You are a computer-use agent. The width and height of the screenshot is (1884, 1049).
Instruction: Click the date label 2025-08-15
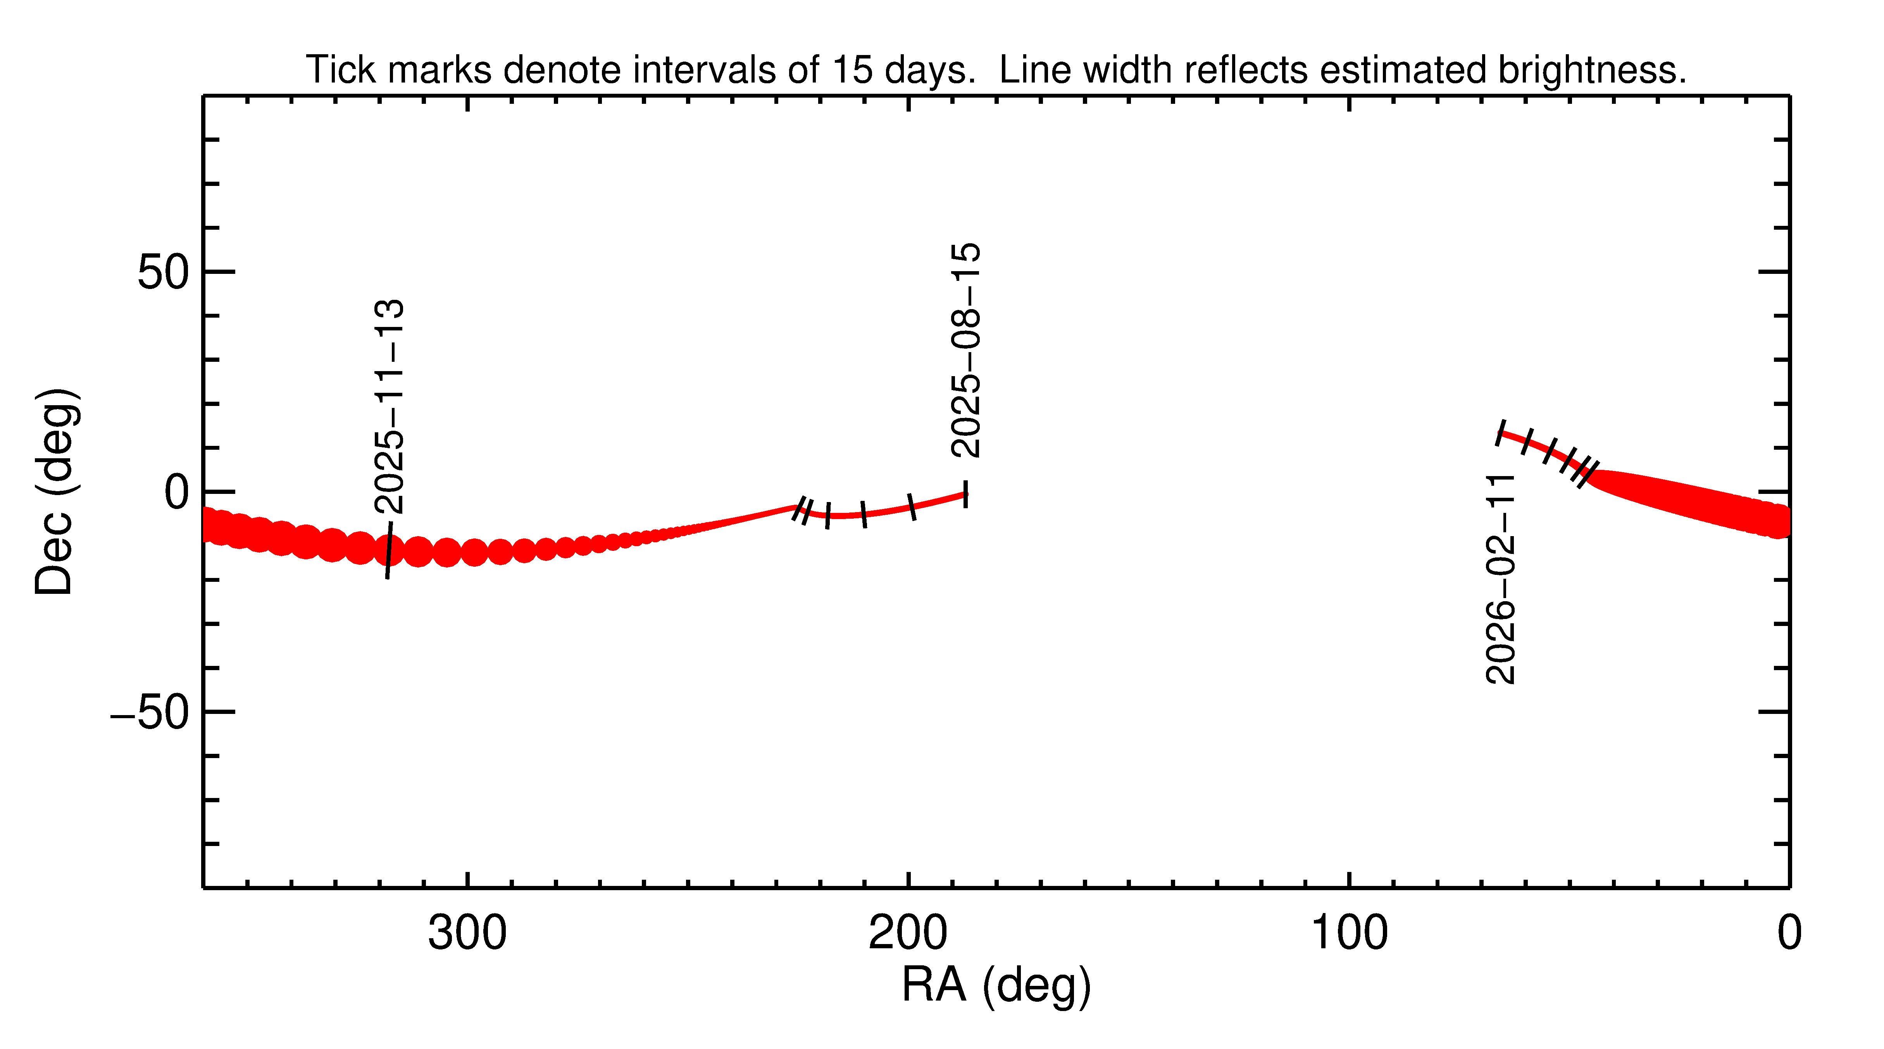[x=965, y=351]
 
